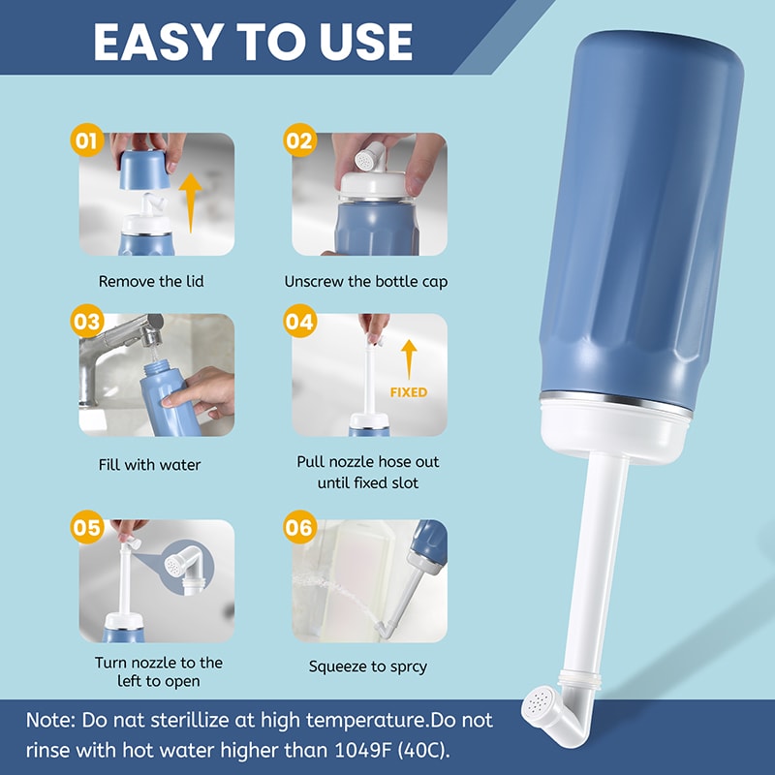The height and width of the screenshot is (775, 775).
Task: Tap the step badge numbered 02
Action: tap(299, 141)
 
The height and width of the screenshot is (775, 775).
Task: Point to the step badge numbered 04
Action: tap(299, 322)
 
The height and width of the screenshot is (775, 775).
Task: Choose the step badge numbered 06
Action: tap(299, 528)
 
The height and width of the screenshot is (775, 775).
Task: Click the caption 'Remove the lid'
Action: tap(151, 282)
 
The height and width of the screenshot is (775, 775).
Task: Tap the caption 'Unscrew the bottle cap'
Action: tap(366, 282)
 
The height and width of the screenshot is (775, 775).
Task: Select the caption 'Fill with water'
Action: tap(150, 465)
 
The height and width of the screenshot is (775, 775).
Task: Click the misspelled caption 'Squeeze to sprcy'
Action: tap(368, 666)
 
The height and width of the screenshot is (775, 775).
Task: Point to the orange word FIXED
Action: tap(408, 392)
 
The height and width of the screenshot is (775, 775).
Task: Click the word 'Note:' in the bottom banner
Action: tap(53, 721)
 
